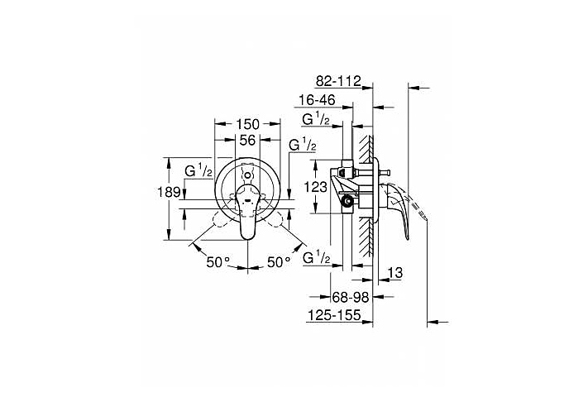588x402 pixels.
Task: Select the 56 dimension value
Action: [247, 141]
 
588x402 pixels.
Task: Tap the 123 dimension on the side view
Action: [317, 188]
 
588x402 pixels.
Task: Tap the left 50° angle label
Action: [218, 262]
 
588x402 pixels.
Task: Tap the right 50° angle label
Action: [280, 262]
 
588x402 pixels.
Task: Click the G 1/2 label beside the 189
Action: [198, 172]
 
